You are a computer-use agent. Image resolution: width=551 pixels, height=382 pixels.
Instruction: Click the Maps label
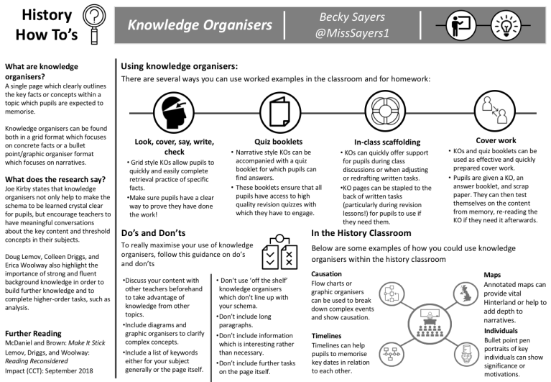(x=493, y=274)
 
